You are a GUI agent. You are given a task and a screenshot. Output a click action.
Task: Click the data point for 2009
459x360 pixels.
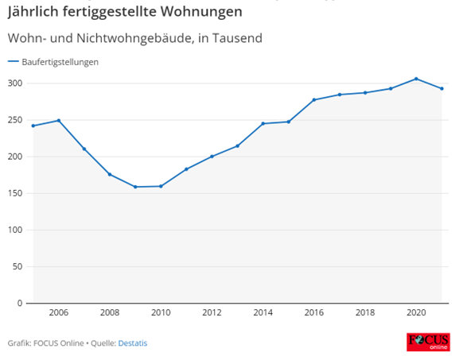(x=135, y=187)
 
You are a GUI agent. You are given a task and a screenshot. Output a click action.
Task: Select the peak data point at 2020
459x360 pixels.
(x=416, y=79)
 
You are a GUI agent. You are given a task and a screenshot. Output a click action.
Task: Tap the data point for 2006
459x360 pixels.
(x=59, y=121)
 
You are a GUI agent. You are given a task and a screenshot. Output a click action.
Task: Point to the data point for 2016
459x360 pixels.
(x=313, y=99)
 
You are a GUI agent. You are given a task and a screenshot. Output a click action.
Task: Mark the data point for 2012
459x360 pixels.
(x=212, y=157)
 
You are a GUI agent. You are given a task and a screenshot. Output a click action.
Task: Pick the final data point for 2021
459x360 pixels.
(x=441, y=88)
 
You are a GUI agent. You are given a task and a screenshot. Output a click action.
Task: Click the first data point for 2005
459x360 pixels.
(x=33, y=126)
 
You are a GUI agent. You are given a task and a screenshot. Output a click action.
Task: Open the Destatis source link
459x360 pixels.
(x=133, y=343)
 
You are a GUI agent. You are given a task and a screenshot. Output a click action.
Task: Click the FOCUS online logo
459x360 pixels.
(x=428, y=342)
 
